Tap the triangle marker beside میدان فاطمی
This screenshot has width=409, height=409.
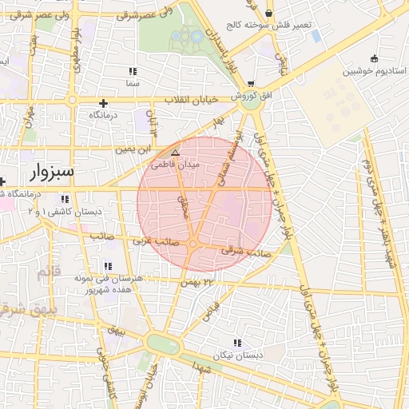click(x=177, y=152)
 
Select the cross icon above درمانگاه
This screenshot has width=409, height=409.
click(x=102, y=103)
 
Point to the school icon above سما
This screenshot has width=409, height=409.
click(x=132, y=71)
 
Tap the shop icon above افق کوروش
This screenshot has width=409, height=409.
click(x=252, y=83)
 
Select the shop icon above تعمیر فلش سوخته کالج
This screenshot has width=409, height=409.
click(x=269, y=14)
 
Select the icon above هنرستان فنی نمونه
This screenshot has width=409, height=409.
click(x=108, y=266)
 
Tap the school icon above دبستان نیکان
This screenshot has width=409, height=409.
click(x=236, y=343)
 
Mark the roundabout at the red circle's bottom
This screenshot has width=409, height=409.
click(x=193, y=244)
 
